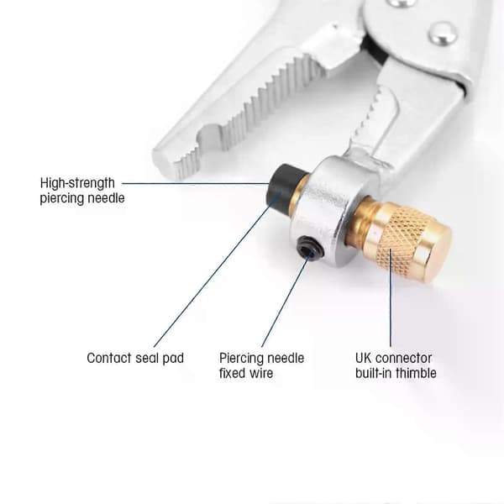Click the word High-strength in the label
[77, 183]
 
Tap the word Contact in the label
[109, 358]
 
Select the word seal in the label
[147, 358]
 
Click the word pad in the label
[173, 359]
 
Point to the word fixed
[233, 373]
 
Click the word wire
[261, 373]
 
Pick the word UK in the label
[364, 358]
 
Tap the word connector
[404, 358]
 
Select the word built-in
[374, 373]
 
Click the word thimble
[417, 373]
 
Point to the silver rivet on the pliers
[443, 34]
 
